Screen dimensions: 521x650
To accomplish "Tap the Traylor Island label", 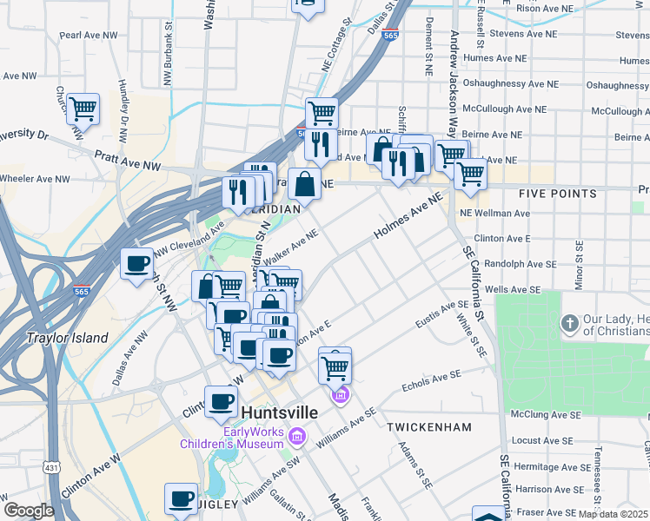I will click(67, 338).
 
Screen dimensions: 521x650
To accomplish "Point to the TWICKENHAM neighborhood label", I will click(429, 427).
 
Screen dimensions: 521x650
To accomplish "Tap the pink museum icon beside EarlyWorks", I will click(298, 434).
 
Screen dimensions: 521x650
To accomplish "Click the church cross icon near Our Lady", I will click(569, 324).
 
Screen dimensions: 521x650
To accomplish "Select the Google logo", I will click(29, 511).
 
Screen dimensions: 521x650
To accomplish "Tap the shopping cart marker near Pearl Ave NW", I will click(83, 109).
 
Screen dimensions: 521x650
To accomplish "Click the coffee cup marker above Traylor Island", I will click(136, 264).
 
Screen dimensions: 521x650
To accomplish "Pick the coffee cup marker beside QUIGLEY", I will click(182, 498).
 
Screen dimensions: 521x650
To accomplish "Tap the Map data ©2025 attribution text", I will click(614, 513).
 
